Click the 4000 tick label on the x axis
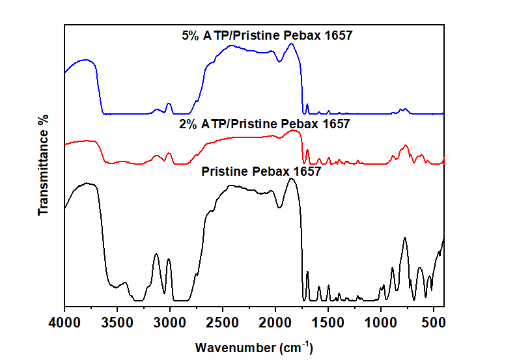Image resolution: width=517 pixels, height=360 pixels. (64, 320)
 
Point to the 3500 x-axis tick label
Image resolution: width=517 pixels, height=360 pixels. (117, 320)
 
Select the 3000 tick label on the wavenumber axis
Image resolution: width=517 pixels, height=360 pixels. (170, 320)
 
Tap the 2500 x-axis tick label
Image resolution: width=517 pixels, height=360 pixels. (223, 320)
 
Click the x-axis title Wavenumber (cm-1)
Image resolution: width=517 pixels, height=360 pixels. (254, 346)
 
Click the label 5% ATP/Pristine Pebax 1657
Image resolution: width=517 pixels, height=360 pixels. (267, 36)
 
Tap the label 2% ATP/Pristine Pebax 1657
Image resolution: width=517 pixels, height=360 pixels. (264, 124)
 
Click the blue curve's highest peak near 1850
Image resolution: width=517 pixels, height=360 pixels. (291, 44)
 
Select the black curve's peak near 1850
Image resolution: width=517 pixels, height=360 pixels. (292, 178)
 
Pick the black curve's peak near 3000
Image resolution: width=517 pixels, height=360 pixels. (169, 259)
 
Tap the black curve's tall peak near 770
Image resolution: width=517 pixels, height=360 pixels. (404, 238)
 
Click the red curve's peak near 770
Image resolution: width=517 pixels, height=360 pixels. (405, 146)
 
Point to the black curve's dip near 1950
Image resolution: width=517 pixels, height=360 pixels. (280, 208)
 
